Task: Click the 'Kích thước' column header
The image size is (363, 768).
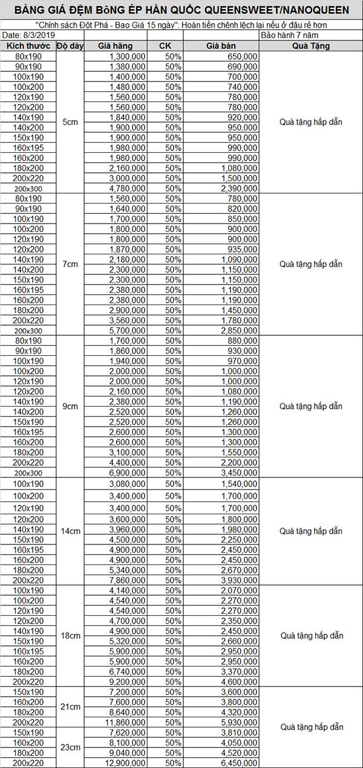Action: [x=28, y=47]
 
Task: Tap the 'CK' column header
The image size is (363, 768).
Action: [x=165, y=47]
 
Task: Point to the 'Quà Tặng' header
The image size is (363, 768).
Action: [x=310, y=47]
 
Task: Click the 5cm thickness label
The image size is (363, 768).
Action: [x=70, y=122]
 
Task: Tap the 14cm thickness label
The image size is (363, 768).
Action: [x=70, y=531]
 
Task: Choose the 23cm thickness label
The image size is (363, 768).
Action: [x=70, y=747]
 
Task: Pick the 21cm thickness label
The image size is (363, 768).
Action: [x=70, y=706]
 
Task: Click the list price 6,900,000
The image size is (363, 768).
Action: [x=127, y=473]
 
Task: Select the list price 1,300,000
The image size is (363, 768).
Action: [x=127, y=56]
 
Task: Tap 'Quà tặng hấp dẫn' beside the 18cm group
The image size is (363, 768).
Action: [x=310, y=636]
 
